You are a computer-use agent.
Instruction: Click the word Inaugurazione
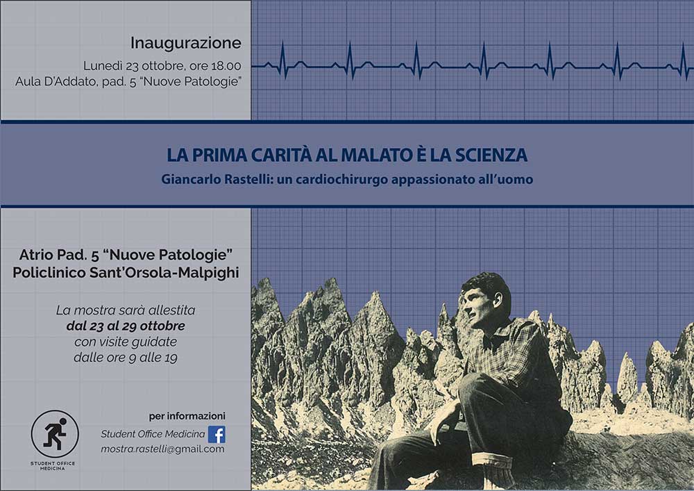(x=186, y=43)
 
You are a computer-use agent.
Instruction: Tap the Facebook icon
(x=217, y=434)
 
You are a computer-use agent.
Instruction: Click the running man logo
(x=55, y=434)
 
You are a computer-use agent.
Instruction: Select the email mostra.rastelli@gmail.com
(x=162, y=449)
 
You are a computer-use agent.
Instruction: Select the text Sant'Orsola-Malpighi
(x=164, y=272)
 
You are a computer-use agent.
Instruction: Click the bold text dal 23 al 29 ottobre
(x=126, y=326)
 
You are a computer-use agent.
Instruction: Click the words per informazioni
(x=187, y=416)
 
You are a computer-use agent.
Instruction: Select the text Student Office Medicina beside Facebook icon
(x=153, y=434)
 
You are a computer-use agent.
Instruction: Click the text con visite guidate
(x=126, y=342)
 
